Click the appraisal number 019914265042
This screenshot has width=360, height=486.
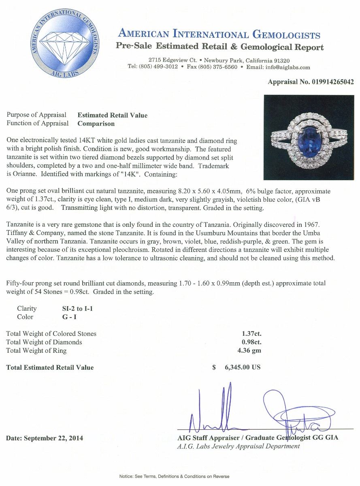pos(332,82)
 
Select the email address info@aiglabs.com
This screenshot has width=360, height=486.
pos(284,67)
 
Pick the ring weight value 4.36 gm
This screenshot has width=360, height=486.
pos(251,350)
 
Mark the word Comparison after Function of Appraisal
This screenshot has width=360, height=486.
pos(96,124)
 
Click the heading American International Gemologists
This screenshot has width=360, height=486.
pos(219,34)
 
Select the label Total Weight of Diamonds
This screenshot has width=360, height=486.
pos(44,342)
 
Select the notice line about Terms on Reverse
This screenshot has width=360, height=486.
pos(174,476)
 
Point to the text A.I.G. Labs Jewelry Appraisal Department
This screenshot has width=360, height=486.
pos(239,446)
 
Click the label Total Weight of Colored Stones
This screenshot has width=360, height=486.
pos(51,334)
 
